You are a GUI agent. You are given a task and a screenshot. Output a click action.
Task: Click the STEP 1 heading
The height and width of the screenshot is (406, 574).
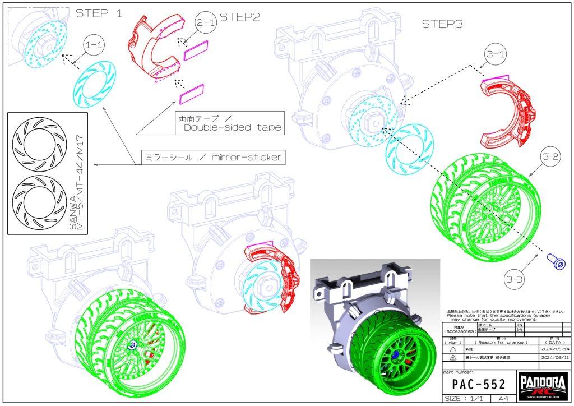click(99, 13)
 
